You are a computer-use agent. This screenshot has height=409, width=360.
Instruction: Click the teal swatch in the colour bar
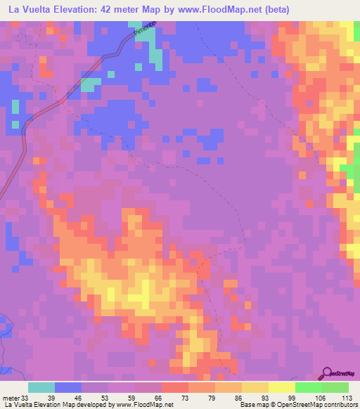[41, 387]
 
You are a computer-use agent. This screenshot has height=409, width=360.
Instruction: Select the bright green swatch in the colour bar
[309, 387]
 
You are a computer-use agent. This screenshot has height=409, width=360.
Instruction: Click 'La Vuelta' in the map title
[30, 10]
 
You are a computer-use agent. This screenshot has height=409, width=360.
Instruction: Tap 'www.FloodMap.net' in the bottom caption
[146, 405]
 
